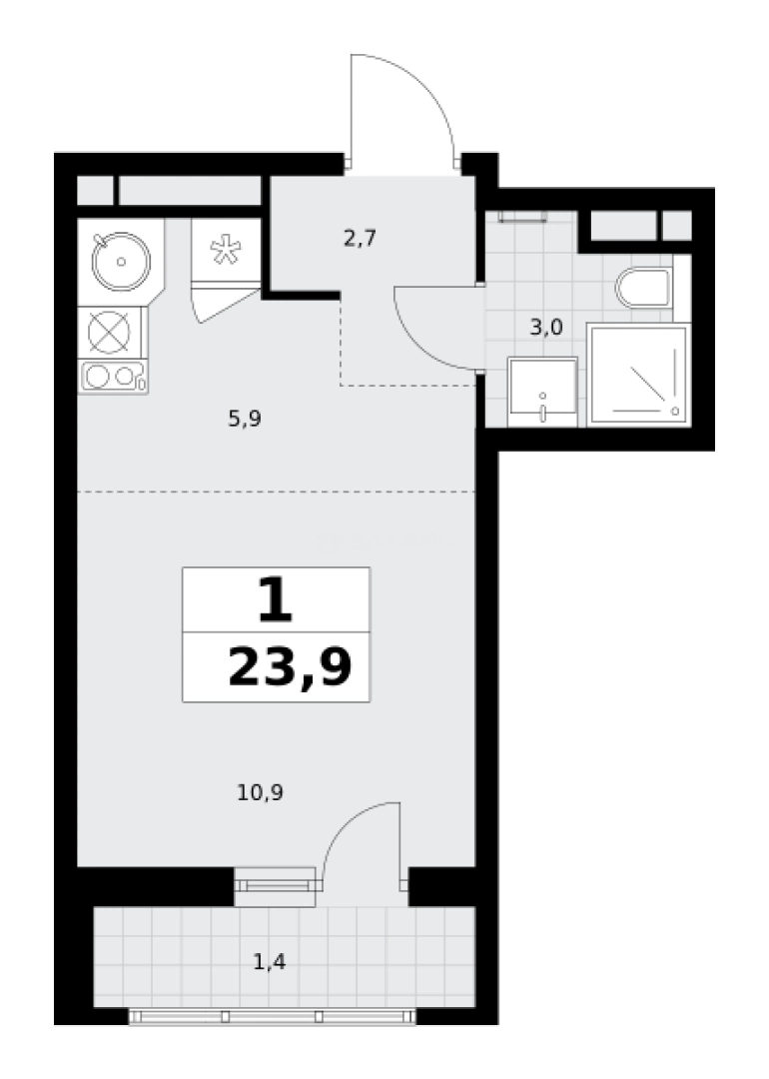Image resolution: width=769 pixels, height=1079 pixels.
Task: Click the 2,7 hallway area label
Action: [360, 240]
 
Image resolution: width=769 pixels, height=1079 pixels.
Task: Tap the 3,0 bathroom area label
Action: [546, 327]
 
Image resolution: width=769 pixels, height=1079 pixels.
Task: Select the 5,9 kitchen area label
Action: [245, 419]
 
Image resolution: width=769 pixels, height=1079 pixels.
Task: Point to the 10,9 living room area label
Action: [260, 792]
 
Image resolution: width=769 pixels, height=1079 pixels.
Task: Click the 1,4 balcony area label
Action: [270, 961]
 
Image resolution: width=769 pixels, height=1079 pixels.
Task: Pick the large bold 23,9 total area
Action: [290, 667]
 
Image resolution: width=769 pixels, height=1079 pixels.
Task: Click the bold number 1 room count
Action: [275, 599]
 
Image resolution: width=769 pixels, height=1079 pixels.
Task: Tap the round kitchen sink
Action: [121, 262]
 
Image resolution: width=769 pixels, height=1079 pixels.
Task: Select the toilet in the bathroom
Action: [643, 288]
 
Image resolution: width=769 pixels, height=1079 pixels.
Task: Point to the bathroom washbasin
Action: [542, 392]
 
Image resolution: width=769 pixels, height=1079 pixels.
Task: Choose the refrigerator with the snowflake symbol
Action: [227, 250]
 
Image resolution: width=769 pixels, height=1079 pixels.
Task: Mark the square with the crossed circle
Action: [110, 333]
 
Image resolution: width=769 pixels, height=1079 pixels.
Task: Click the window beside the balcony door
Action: [275, 886]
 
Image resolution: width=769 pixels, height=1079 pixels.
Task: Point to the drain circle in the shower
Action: [675, 411]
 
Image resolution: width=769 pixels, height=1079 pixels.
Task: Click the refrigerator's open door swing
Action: [224, 303]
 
